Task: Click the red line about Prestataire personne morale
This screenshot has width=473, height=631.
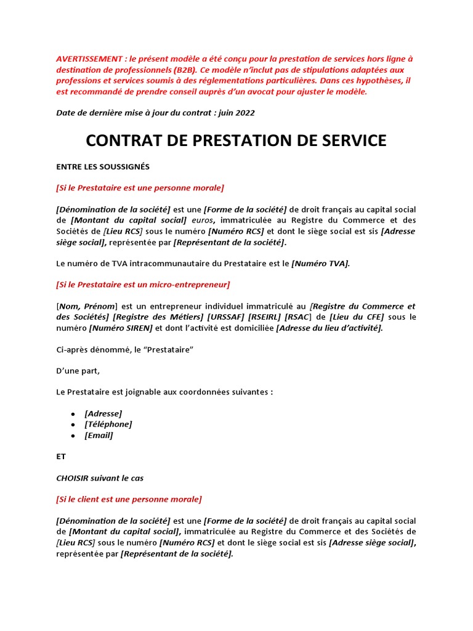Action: pos(140,187)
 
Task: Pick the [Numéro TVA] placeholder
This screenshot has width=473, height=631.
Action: pos(320,263)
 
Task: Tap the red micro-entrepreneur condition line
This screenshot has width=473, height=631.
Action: pos(143,284)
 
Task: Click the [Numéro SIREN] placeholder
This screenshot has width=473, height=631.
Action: pos(121,328)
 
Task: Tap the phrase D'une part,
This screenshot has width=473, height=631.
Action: pos(78,370)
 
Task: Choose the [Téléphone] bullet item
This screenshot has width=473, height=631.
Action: pos(108,424)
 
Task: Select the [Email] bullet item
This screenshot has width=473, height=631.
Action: pos(99,435)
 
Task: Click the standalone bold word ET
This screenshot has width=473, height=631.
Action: pos(60,457)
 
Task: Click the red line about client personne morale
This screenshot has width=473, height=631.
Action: pos(129,499)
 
